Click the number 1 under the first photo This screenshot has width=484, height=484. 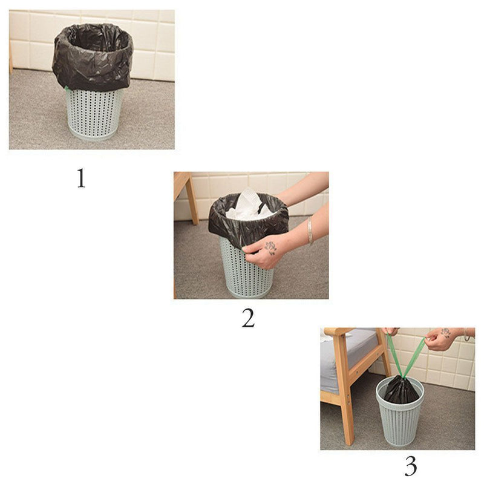tap(81, 178)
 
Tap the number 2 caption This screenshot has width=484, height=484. tap(248, 318)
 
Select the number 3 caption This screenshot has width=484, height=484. tap(411, 466)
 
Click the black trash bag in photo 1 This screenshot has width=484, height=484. tap(93, 57)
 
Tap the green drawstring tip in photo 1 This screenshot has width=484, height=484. tap(66, 88)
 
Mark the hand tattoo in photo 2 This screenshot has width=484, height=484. tap(270, 247)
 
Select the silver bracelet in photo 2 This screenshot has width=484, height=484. tap(310, 231)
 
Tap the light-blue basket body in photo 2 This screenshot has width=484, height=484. tap(247, 269)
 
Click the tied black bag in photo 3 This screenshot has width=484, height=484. tap(401, 390)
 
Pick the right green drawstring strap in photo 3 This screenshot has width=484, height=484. tap(414, 356)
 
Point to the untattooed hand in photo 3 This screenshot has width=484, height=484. tap(390, 332)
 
